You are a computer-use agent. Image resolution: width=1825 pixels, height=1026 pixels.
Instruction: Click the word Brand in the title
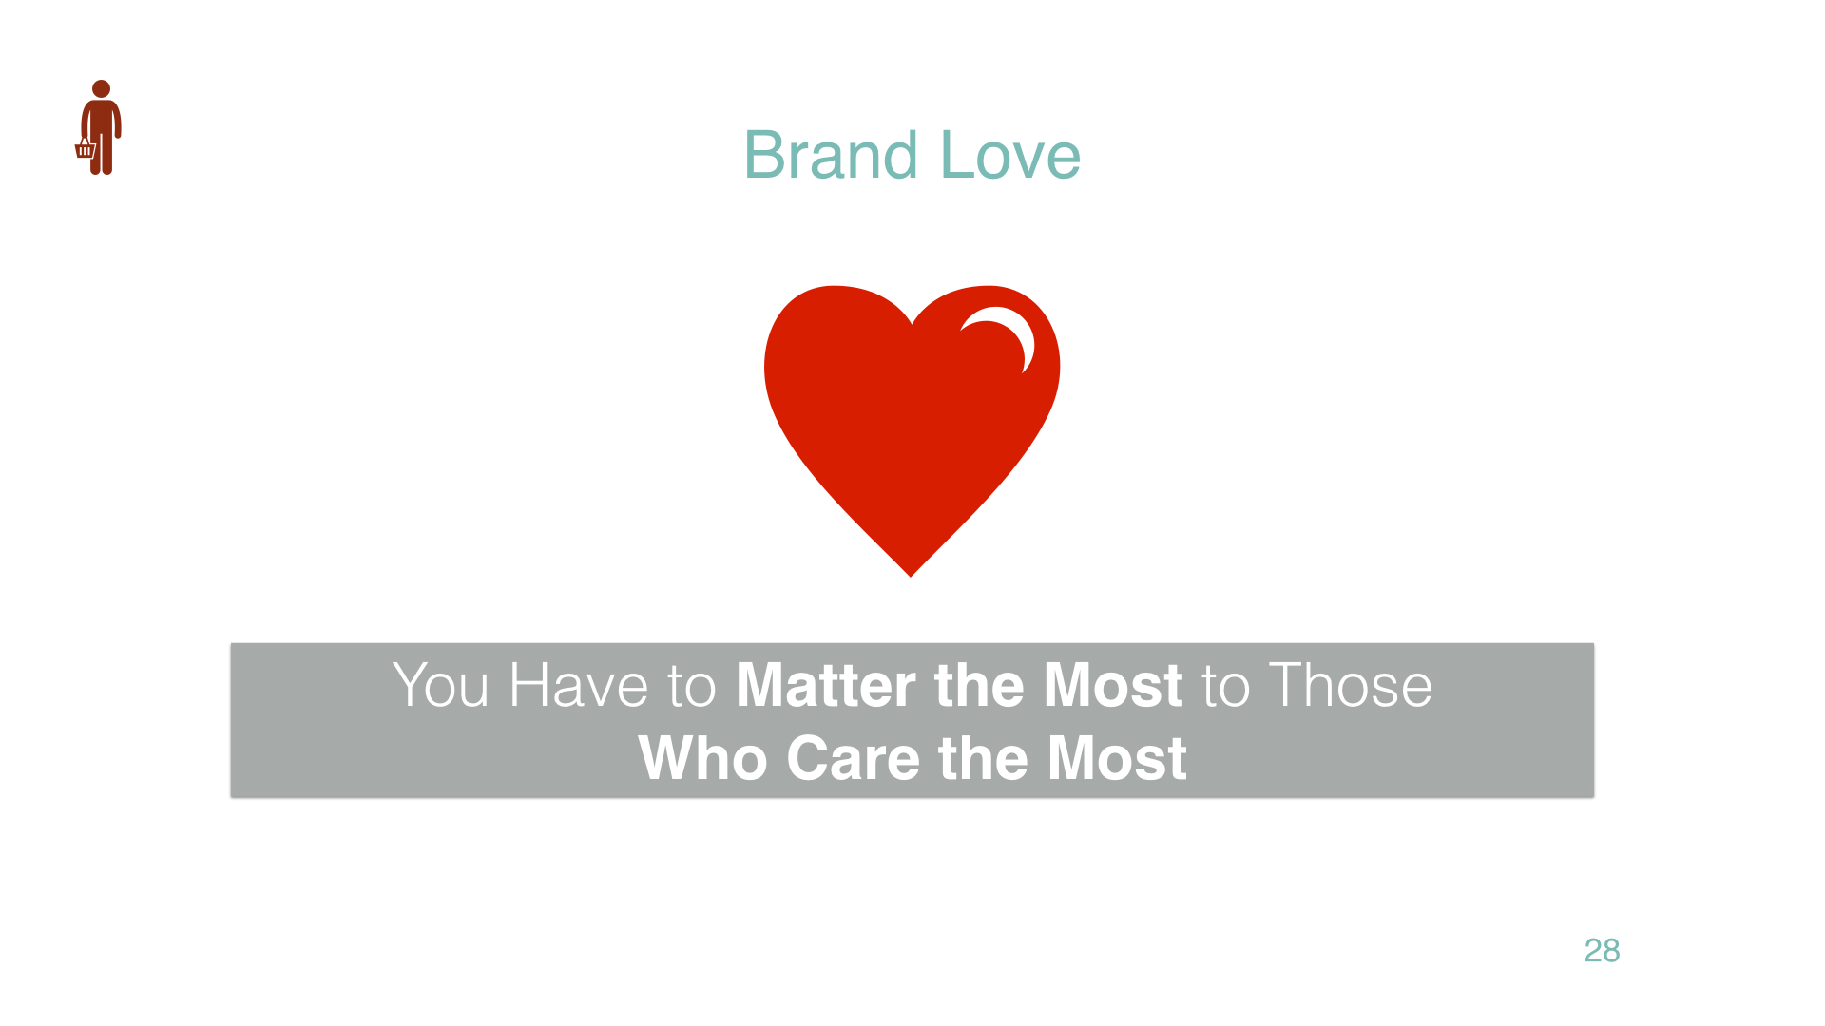(x=831, y=155)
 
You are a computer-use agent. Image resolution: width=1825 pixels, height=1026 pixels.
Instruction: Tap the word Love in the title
(x=1010, y=155)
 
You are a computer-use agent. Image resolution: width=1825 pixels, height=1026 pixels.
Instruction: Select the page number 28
(x=1602, y=950)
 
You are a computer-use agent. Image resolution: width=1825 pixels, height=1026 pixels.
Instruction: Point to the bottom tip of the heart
(x=911, y=576)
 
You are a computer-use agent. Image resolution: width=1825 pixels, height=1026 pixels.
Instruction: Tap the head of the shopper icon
(x=102, y=88)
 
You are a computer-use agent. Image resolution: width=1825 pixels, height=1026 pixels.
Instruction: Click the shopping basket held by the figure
(x=86, y=149)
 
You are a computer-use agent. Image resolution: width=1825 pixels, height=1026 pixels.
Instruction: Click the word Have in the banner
(x=579, y=685)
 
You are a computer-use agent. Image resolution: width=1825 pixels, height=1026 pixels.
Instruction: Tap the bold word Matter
(x=827, y=685)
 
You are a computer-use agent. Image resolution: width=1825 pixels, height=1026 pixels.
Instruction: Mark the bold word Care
(x=854, y=758)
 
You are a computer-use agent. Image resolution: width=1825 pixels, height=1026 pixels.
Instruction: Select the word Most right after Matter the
(x=1114, y=685)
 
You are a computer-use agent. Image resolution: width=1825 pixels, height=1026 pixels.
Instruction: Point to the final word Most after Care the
(x=1117, y=758)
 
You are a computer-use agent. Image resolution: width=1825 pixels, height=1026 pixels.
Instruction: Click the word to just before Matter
(x=692, y=687)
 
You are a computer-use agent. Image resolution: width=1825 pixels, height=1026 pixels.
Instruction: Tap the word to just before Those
(x=1226, y=687)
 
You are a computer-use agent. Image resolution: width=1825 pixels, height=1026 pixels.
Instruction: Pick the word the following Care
(x=983, y=758)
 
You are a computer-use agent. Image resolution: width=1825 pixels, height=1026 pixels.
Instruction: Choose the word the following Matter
(x=980, y=685)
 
